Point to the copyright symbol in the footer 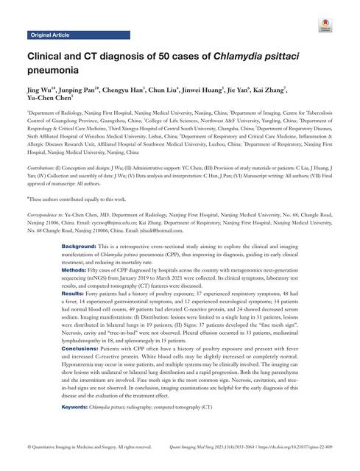point(29,446)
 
